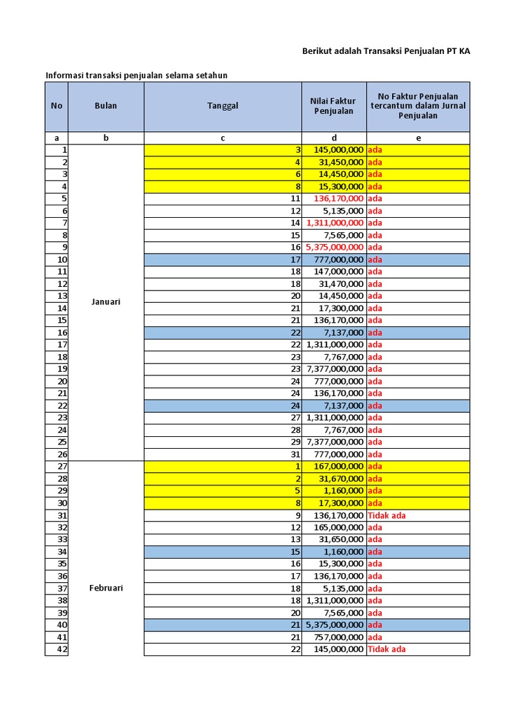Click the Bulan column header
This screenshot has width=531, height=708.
(x=106, y=106)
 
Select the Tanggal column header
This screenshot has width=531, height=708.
(x=223, y=106)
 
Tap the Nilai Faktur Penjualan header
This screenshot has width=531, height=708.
(x=334, y=106)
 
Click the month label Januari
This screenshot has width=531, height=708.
(x=106, y=301)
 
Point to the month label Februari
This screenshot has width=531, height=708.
(x=106, y=588)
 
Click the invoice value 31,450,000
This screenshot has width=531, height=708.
(x=341, y=162)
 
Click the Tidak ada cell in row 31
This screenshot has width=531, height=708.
(x=386, y=515)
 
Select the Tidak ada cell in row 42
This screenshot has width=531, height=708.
(x=386, y=649)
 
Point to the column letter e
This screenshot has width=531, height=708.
(x=418, y=138)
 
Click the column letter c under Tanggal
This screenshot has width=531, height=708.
(x=223, y=138)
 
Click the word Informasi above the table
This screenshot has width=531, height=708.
(x=64, y=75)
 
